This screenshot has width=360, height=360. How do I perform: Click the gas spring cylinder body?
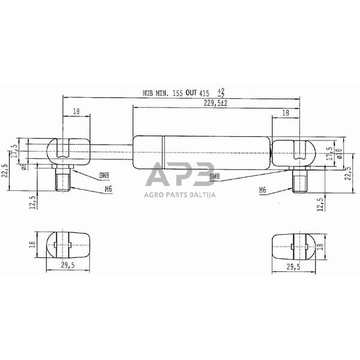pyautogui.click(x=201, y=151)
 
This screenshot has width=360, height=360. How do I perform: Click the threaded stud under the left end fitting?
pyautogui.click(x=64, y=179)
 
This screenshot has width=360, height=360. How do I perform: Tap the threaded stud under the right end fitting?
pyautogui.click(x=299, y=179)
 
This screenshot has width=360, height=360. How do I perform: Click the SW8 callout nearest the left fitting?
pyautogui.click(x=104, y=176)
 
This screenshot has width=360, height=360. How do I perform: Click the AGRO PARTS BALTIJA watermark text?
pyautogui.click(x=180, y=194)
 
